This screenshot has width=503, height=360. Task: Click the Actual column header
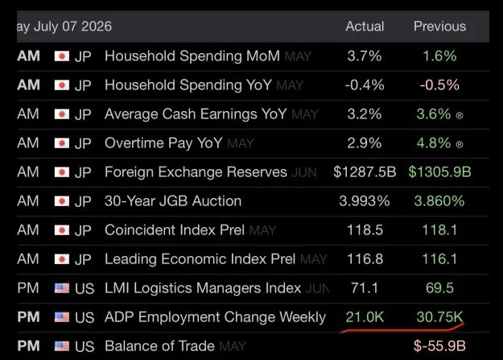(365, 27)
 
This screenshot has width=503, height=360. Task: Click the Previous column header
(439, 27)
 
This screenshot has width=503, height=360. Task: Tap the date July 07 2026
(72, 27)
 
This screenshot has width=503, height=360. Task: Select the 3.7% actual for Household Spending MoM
(365, 56)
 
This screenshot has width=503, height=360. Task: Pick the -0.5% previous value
(439, 85)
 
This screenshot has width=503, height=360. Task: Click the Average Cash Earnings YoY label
(196, 114)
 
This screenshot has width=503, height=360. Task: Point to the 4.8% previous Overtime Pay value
(434, 143)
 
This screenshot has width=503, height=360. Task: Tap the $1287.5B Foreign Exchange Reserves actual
(365, 172)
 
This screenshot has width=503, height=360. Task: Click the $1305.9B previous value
(439, 172)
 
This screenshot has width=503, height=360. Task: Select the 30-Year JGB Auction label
(173, 201)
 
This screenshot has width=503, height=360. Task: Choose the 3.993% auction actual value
(365, 201)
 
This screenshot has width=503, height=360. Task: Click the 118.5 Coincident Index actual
(365, 230)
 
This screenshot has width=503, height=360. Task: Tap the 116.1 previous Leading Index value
(439, 259)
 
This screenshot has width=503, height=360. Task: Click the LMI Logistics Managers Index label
(203, 288)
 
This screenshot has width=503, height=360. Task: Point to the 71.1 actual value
(365, 288)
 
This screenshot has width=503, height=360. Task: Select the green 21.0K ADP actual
(365, 317)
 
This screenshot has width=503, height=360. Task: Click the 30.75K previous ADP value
(439, 317)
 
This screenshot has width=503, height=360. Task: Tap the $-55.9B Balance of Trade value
(439, 346)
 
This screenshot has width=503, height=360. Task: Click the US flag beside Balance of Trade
(62, 346)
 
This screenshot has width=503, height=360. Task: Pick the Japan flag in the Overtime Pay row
(62, 143)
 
